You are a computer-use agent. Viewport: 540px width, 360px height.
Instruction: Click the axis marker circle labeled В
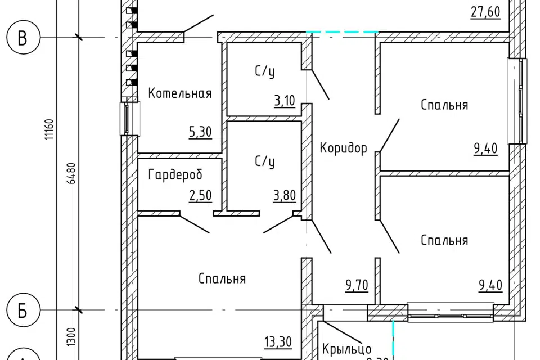coord(22,38)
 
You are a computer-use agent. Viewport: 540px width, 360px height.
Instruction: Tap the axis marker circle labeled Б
coord(22,310)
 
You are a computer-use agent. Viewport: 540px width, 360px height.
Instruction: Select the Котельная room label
coord(180,93)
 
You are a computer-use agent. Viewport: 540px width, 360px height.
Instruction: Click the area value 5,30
coord(201,133)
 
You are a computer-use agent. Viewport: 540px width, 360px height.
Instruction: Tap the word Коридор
coord(343,148)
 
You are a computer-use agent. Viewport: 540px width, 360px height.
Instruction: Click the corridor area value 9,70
coord(357,286)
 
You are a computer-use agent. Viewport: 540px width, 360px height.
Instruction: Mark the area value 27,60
coord(485,12)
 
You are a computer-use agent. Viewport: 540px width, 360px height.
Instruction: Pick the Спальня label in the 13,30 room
coord(222,278)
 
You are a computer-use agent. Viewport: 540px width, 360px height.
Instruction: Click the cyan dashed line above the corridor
coord(341,32)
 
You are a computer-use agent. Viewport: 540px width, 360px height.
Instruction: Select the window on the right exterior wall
coord(517,101)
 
